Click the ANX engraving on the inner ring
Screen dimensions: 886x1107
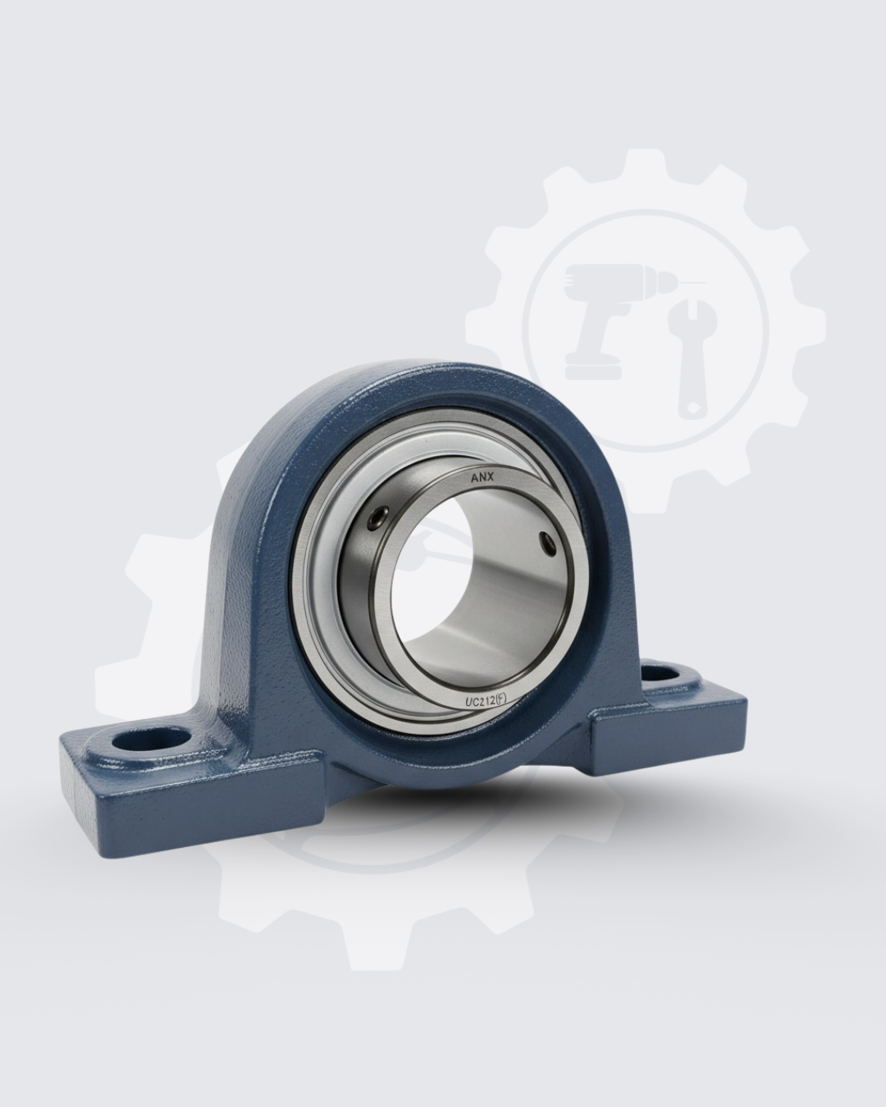coord(482,478)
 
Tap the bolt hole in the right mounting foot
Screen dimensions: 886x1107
coord(664,674)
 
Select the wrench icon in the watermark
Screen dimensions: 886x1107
coord(691,359)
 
